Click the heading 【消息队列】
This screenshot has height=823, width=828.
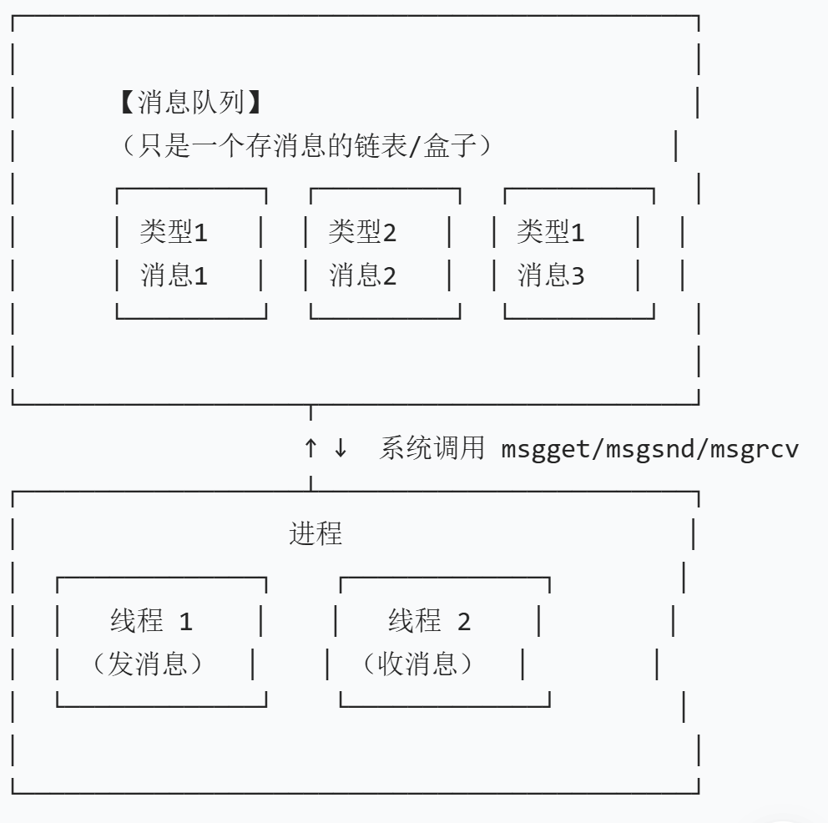(190, 104)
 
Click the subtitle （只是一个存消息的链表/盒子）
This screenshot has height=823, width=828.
(305, 146)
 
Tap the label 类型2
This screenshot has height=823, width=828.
(362, 232)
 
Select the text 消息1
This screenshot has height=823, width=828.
(174, 275)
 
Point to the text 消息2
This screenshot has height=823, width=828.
(362, 275)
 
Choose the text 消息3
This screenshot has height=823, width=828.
(551, 275)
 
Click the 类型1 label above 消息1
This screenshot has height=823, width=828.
(174, 232)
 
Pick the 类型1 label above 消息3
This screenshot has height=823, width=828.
(551, 232)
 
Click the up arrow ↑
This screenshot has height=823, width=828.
(310, 448)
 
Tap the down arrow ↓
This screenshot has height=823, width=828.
(340, 448)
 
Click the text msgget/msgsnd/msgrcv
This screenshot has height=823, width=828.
(650, 449)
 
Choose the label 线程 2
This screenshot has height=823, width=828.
(429, 621)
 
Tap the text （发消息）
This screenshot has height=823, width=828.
(149, 664)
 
